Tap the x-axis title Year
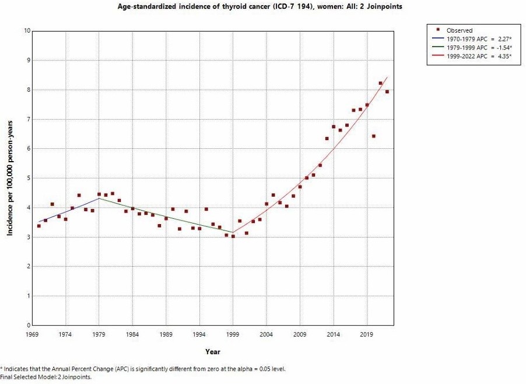click(212, 351)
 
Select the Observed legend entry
click(459, 30)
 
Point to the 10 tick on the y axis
click(26, 30)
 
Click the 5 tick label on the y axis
click(27, 178)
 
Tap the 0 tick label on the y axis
click(27, 325)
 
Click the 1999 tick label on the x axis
click(233, 334)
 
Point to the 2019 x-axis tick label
click(367, 334)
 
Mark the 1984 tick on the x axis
click(132, 334)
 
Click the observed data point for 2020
click(373, 136)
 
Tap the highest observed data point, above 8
click(380, 83)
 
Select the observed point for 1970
click(38, 225)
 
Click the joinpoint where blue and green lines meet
click(99, 198)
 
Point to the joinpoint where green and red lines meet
click(233, 232)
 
